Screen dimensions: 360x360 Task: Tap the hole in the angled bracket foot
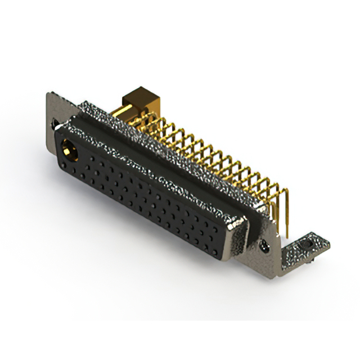point(305,246)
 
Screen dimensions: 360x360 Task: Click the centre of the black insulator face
point(146,191)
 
